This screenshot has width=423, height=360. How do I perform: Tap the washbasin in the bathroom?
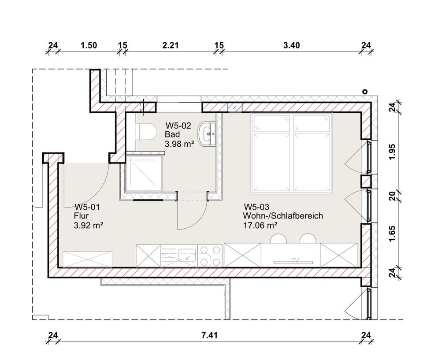(207, 134)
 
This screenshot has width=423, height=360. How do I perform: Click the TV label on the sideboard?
(295, 260)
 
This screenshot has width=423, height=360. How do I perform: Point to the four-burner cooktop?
(210, 256)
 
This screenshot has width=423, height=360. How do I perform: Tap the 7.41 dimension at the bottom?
(209, 335)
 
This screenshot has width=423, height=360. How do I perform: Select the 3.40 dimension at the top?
(292, 45)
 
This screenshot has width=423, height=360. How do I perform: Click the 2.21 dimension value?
(171, 45)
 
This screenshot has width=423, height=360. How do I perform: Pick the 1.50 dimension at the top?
(89, 45)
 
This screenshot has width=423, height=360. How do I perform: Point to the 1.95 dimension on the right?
(393, 152)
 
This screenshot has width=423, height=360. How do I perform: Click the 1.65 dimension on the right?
(393, 234)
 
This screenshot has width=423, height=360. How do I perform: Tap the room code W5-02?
(178, 126)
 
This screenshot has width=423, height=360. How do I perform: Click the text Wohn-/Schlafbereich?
(283, 216)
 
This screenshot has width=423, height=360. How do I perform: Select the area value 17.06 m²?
(260, 225)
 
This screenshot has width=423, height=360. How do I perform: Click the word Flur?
(81, 216)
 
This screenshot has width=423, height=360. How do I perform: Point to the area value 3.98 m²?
(179, 144)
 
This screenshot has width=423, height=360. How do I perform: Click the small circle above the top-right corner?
(365, 92)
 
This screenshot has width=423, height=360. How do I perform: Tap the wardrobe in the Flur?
(87, 259)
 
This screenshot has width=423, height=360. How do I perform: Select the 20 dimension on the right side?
(393, 196)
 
